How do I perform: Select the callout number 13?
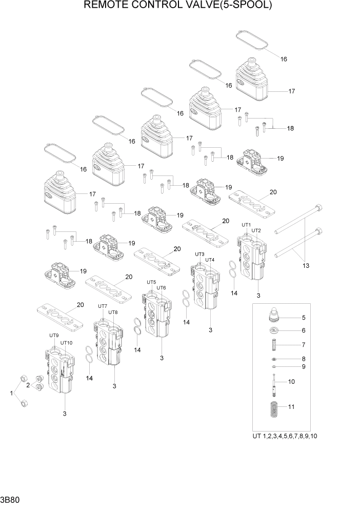(306, 265)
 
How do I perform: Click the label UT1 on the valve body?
(246, 225)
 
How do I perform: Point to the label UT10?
(67, 342)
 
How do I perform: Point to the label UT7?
(103, 306)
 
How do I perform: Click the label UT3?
(200, 254)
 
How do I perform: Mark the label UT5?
(151, 282)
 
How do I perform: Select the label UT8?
(113, 312)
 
